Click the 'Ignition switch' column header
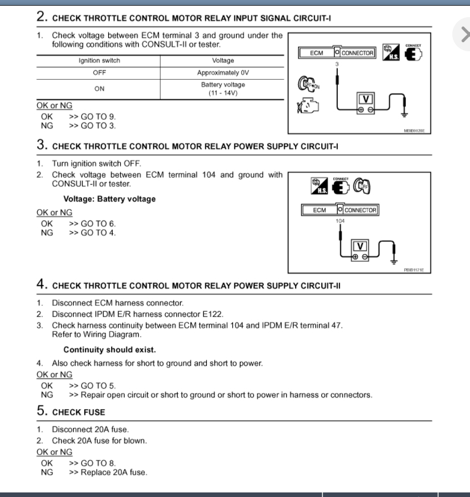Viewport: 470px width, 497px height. [99, 60]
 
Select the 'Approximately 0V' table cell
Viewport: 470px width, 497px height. [223, 73]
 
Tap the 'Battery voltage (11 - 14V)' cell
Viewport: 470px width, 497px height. [223, 89]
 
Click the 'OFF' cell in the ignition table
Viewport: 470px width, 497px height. [99, 73]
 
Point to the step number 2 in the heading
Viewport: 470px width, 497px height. [42, 17]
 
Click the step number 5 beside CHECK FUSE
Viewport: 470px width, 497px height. [42, 411]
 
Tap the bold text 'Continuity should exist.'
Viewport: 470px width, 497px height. [109, 349]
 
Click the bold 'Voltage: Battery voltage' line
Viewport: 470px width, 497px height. [109, 199]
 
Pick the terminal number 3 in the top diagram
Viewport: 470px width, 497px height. [337, 64]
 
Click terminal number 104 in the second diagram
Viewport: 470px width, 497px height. [340, 221]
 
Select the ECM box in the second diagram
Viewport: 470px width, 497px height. [320, 210]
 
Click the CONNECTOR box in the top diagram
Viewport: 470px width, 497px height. [358, 53]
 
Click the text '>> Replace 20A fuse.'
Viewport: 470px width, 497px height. [108, 472]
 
